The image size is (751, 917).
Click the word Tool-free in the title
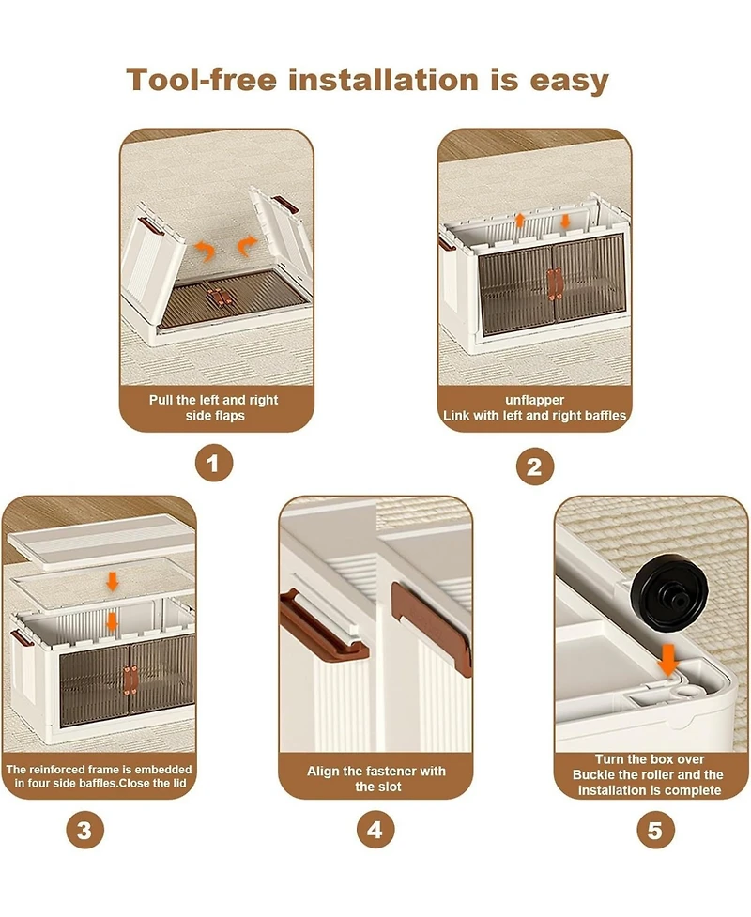pyautogui.click(x=201, y=80)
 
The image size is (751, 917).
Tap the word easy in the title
pyautogui.click(x=569, y=81)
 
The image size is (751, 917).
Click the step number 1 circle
pyautogui.click(x=213, y=463)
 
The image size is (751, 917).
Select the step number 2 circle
pyautogui.click(x=534, y=466)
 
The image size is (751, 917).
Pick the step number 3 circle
pyautogui.click(x=84, y=830)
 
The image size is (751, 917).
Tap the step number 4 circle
pyautogui.click(x=375, y=829)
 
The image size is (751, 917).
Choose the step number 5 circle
pyautogui.click(x=654, y=830)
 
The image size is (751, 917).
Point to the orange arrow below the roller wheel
pyautogui.click(x=668, y=660)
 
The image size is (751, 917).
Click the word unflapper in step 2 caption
pyautogui.click(x=534, y=400)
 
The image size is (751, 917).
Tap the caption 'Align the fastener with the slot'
pyautogui.click(x=376, y=778)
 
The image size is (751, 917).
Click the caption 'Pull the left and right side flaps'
pyautogui.click(x=214, y=407)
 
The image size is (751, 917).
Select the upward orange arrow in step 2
pyautogui.click(x=519, y=221)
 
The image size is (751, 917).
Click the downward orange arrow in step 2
pyautogui.click(x=565, y=222)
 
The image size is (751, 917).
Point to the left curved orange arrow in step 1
pyautogui.click(x=205, y=251)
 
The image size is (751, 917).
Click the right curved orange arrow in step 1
pyautogui.click(x=247, y=245)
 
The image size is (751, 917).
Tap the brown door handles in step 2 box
pyautogui.click(x=555, y=284)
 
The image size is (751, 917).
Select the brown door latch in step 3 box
pyautogui.click(x=130, y=680)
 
